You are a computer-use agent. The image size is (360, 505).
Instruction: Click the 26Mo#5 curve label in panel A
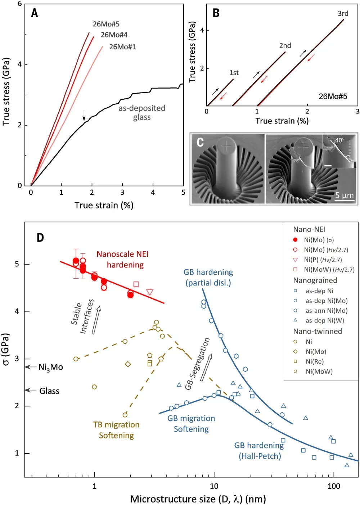(106, 24)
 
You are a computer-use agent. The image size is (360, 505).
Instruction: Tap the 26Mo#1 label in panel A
(122, 47)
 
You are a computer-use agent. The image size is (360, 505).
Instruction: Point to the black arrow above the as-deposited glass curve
(84, 115)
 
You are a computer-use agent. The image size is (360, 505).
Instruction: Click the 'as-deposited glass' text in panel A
(142, 113)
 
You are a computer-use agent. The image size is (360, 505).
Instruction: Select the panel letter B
(216, 13)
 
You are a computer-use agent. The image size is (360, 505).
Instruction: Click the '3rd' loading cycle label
(343, 14)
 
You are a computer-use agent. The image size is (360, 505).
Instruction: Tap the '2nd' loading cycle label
(285, 46)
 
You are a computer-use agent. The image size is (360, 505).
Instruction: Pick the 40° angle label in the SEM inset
(339, 140)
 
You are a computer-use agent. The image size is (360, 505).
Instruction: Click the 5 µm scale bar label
(344, 195)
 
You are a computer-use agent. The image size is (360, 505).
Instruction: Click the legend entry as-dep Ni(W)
(325, 321)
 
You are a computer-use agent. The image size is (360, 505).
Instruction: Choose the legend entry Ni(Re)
(315, 362)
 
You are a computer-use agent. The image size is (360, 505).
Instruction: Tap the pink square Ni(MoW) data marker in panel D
(136, 284)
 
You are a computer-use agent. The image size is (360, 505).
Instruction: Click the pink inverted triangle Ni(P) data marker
(150, 292)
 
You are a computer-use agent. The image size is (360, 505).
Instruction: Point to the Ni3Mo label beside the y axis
(51, 367)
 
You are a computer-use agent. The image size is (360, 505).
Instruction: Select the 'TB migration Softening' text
(116, 430)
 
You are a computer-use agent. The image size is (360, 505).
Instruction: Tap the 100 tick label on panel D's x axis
(334, 486)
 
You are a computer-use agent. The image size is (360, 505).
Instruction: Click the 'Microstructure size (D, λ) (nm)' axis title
(198, 499)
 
